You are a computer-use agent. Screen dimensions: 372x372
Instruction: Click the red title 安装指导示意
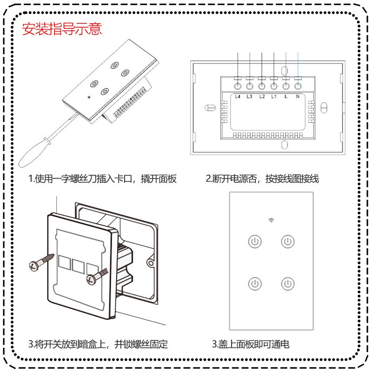coord(62,29)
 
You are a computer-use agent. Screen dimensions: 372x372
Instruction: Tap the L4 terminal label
coord(238,97)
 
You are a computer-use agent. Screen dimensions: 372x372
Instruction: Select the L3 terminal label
coord(249,97)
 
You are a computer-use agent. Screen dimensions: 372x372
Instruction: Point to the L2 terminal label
coord(262,97)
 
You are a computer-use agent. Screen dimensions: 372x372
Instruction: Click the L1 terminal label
coord(274,97)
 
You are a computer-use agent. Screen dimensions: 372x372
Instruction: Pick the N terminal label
coord(298,97)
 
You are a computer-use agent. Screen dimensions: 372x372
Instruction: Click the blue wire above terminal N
coord(298,65)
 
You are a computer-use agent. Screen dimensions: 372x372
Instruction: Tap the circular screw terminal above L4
coord(238,86)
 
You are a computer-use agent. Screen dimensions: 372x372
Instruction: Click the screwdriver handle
coord(33,153)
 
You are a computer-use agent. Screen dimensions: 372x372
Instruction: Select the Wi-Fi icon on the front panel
coord(271,220)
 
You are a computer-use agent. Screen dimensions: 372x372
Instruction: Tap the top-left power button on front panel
coord(255,241)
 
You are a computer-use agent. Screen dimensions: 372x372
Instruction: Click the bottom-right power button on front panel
coord(288,284)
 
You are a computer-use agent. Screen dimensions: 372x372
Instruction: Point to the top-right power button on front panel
coord(288,241)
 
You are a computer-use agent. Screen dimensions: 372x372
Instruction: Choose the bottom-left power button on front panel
coord(255,284)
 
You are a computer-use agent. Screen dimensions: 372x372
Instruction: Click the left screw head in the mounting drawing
coord(33,266)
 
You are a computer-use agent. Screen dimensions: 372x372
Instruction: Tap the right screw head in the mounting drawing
coord(91,279)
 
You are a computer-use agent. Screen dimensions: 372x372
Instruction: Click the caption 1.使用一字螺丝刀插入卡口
coord(80,179)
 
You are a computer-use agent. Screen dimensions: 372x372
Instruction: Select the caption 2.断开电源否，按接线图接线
coord(262,179)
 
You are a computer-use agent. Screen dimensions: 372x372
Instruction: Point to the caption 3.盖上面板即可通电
coord(251,344)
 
